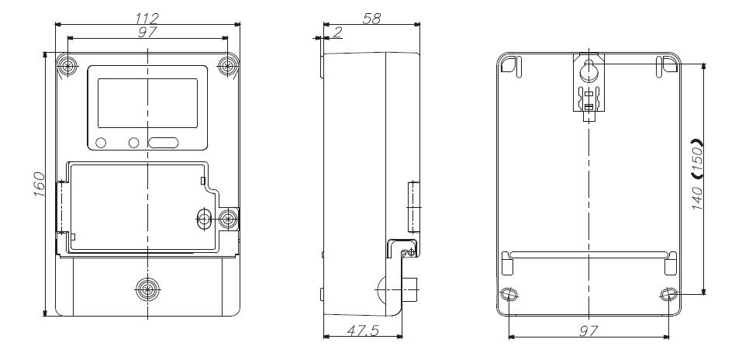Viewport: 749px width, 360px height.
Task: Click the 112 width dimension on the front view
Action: (146, 16)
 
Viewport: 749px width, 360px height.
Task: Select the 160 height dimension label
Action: (39, 184)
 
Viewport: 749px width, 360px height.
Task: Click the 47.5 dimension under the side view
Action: (361, 331)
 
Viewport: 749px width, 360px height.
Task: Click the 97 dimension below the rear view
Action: (588, 331)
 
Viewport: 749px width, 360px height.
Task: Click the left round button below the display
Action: (102, 143)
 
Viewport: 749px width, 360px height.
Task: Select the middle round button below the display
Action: (133, 143)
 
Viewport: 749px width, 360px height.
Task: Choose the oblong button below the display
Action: (163, 143)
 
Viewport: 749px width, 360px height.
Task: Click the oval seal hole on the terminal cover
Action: (204, 219)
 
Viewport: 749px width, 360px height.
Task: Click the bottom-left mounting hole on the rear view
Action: (509, 295)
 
